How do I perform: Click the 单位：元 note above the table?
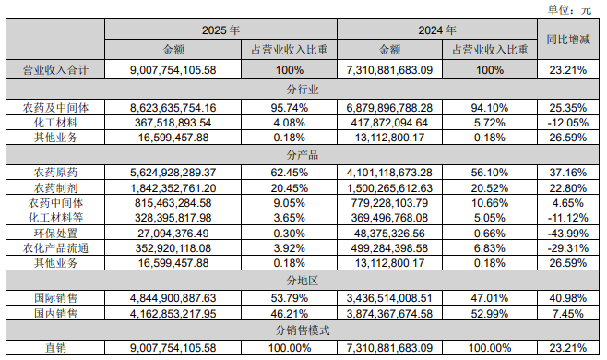coord(575,10)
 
